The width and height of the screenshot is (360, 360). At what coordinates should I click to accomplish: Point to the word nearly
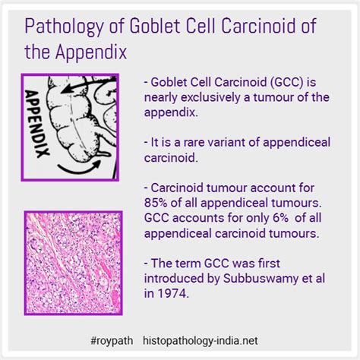click(x=163, y=98)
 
